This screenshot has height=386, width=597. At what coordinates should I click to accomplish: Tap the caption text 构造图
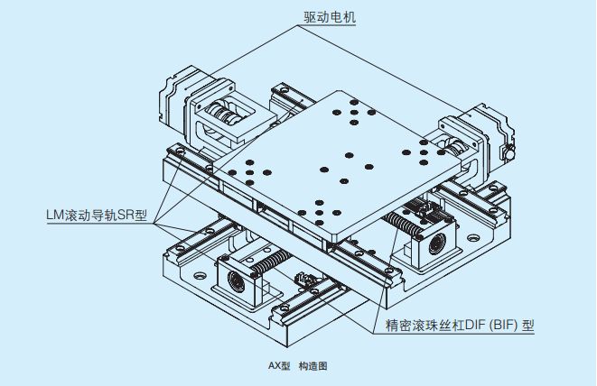point(312,366)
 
